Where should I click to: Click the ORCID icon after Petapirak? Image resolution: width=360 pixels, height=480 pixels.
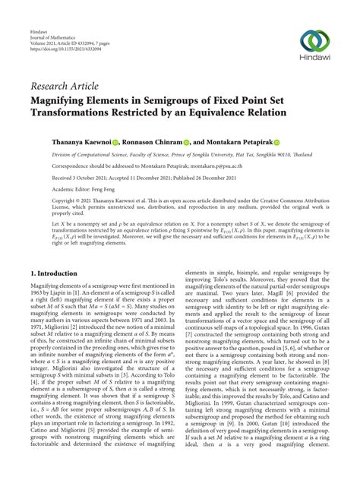pos(277,142)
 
